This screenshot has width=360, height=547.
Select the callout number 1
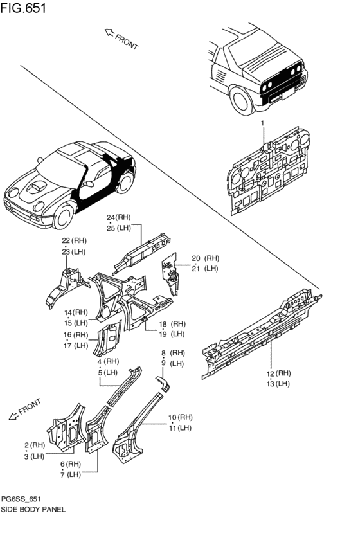coord(262,122)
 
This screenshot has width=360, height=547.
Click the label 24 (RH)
coord(120,218)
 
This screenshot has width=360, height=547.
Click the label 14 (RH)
coord(76,312)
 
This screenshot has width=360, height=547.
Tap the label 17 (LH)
coord(75,345)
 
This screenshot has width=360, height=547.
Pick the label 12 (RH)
coord(280,373)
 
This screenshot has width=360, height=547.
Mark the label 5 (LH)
coord(107,372)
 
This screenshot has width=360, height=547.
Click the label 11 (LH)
coord(179,427)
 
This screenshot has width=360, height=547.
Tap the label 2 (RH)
coord(35,445)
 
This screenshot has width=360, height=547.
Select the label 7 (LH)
coord(70,474)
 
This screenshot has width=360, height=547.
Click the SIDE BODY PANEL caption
coord(33,508)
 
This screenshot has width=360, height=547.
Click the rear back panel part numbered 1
coord(270,170)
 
